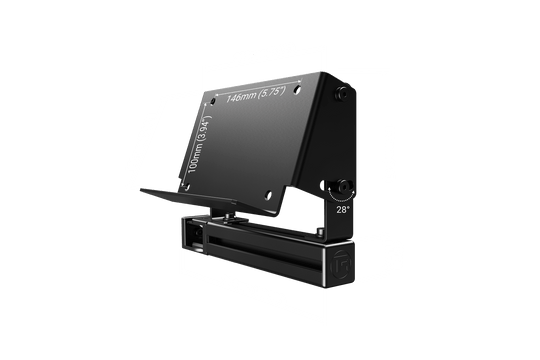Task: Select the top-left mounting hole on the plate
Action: pyautogui.click(x=211, y=101)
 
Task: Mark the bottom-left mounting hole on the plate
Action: pyautogui.click(x=184, y=179)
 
